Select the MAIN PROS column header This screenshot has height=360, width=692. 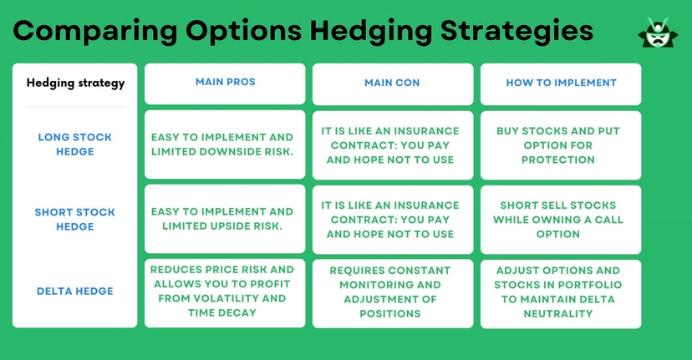(225, 83)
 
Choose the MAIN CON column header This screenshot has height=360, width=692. (392, 83)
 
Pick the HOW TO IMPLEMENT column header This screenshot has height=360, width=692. (561, 83)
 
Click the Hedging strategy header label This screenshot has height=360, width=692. (75, 83)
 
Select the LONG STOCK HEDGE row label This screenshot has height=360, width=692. (75, 145)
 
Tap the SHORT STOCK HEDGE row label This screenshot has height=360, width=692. (75, 219)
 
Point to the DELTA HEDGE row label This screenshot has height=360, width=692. (75, 292)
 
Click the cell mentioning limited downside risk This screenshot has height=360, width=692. (225, 145)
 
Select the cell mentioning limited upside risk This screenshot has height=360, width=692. (225, 219)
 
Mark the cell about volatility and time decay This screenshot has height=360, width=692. (225, 292)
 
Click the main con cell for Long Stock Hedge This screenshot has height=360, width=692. (392, 145)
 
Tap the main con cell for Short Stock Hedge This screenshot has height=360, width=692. (392, 219)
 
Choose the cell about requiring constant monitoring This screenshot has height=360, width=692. (392, 292)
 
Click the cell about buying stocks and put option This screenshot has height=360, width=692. (561, 145)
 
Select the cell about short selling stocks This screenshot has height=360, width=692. (561, 219)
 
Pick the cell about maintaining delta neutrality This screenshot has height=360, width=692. (561, 292)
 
